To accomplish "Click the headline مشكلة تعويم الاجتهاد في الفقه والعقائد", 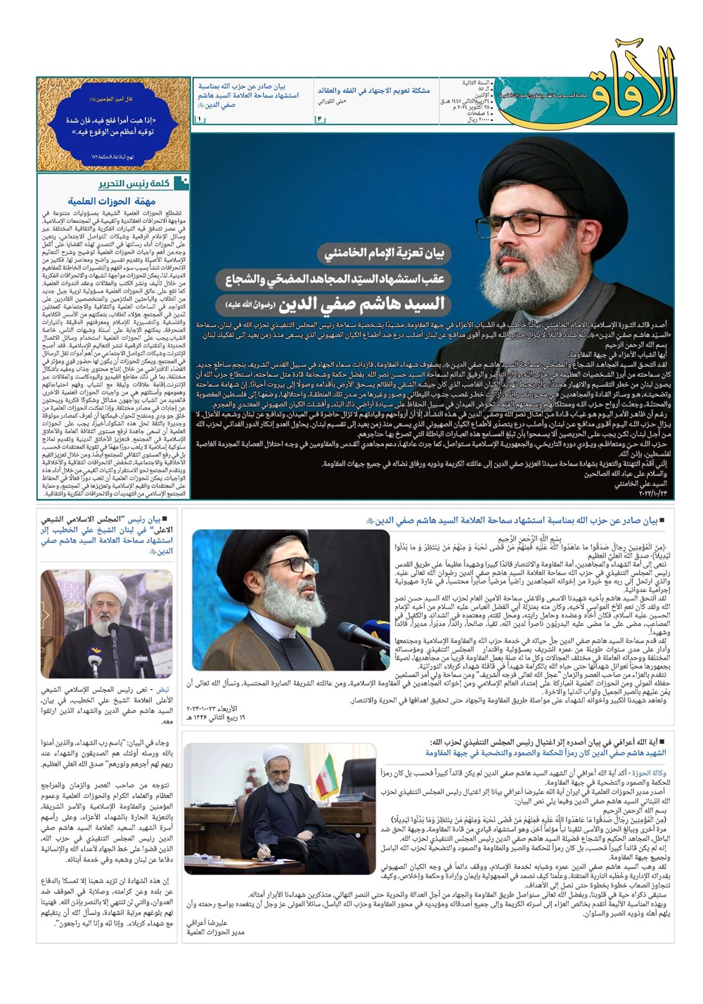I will click(373, 90).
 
